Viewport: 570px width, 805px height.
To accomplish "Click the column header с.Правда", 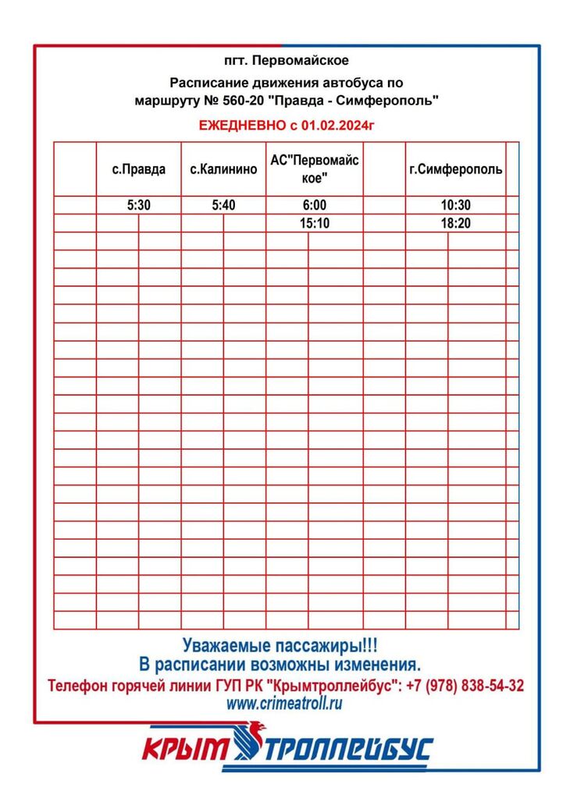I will click(x=138, y=169).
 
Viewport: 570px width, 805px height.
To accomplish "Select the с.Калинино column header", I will click(x=223, y=169).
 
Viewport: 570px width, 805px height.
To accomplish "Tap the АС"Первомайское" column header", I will click(x=314, y=169).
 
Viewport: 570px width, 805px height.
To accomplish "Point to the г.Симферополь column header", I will click(x=455, y=169).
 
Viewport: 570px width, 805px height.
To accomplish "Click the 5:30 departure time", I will click(x=138, y=206).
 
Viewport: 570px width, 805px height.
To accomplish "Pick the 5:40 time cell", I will click(x=223, y=206).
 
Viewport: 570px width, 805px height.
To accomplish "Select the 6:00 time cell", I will click(x=314, y=206).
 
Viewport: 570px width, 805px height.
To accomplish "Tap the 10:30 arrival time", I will click(x=455, y=206).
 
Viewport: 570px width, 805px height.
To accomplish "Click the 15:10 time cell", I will click(x=314, y=224).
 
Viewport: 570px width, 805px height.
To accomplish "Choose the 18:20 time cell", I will click(x=455, y=224).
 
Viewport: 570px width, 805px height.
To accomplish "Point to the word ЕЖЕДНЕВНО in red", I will click(x=237, y=125).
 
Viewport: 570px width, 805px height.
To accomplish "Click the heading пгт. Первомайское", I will click(x=287, y=60).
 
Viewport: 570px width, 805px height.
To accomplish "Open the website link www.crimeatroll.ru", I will click(x=285, y=704).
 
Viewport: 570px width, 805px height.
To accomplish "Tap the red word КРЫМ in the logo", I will click(x=185, y=750).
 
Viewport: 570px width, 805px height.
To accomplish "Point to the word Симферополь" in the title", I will click(x=394, y=100).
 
